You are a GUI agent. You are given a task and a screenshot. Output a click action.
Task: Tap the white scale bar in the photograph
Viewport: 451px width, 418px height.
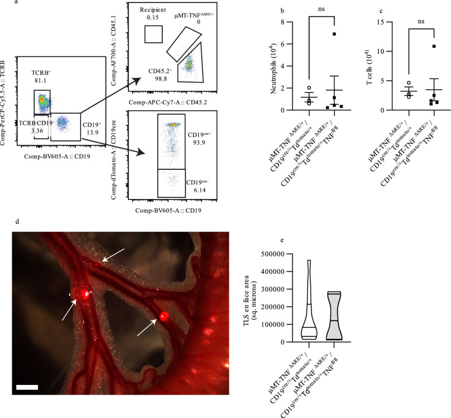(31, 387)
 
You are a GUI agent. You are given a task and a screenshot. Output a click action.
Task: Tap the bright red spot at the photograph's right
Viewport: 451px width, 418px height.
(164, 316)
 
